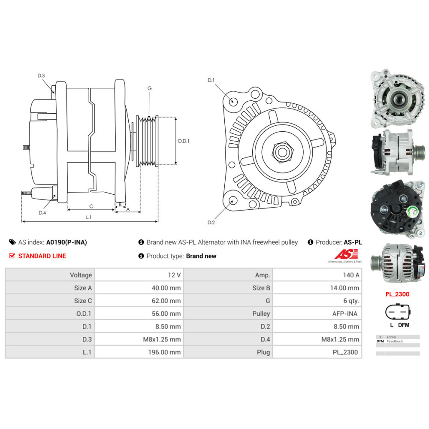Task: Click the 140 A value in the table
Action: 351,275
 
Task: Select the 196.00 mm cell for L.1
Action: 164,352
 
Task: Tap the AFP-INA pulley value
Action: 345,314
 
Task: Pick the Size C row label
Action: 83,301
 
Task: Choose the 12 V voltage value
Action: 174,275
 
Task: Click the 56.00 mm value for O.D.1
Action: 166,314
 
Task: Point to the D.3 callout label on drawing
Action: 41,76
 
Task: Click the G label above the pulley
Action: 149,88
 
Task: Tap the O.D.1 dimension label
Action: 183,141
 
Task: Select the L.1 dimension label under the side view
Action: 89,217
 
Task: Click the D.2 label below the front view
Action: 211,222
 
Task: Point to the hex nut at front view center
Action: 283,151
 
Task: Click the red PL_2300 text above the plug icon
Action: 397,294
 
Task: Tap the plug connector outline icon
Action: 398,311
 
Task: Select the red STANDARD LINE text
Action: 42,256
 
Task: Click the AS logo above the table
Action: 346,254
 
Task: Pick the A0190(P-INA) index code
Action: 66,242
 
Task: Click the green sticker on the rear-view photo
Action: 411,212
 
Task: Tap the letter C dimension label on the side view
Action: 91,206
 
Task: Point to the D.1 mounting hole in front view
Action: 233,101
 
